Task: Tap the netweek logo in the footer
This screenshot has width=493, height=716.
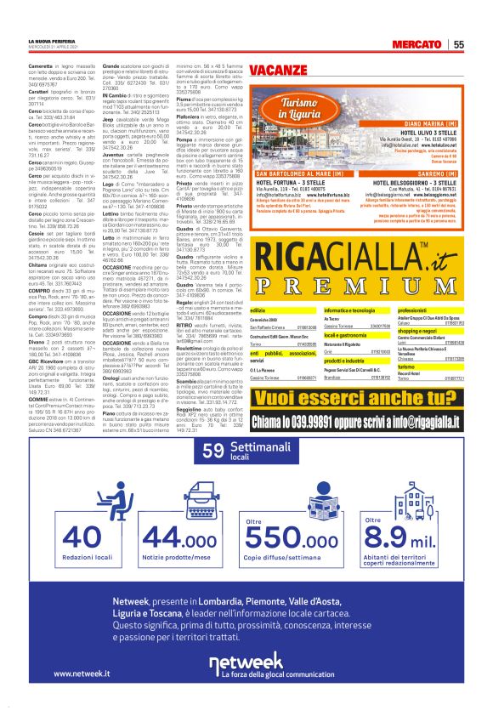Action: pyautogui.click(x=246, y=662)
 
